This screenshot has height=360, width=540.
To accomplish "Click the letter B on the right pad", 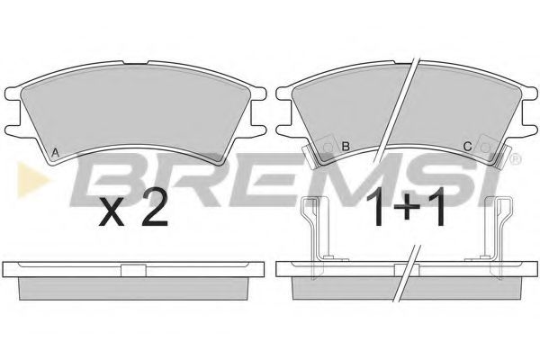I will point(345,146).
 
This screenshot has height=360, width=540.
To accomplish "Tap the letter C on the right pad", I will point(467,146).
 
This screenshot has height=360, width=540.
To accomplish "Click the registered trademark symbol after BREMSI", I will point(514,161).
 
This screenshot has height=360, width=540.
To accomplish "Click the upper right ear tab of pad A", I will point(261,92).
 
